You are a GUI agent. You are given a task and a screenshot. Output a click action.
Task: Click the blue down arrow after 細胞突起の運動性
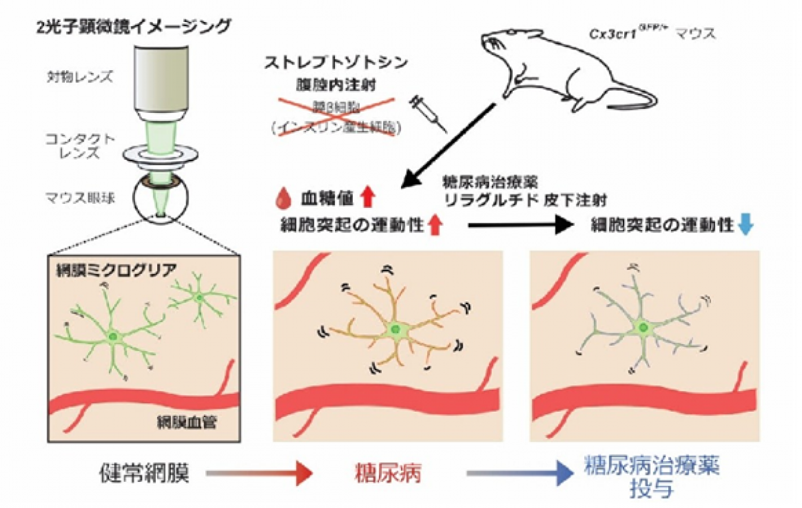coord(747,226)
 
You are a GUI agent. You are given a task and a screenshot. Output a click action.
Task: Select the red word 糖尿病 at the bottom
coord(389,474)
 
